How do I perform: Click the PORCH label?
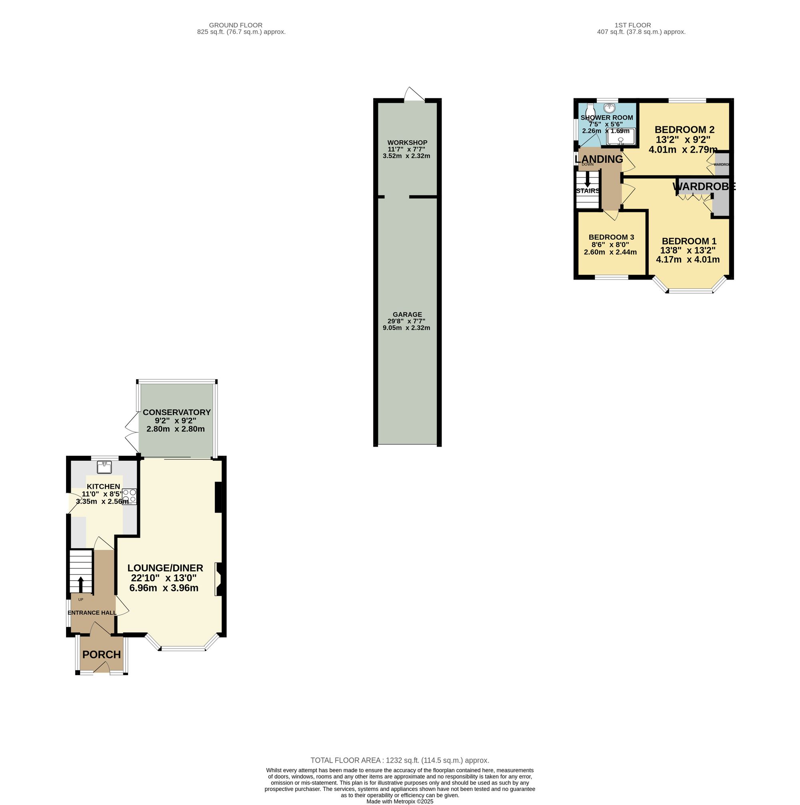(x=101, y=655)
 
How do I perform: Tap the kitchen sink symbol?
(x=104, y=467)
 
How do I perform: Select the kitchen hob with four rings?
(x=129, y=496)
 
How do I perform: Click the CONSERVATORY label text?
(x=177, y=412)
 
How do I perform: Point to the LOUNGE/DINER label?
(x=165, y=568)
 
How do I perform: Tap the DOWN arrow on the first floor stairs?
(x=588, y=180)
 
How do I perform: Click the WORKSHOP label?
(x=407, y=142)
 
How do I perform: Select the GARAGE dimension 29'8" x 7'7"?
(x=407, y=321)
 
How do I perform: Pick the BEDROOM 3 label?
(x=611, y=237)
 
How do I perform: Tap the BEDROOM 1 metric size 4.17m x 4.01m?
(x=688, y=260)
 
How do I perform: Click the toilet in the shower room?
(x=589, y=111)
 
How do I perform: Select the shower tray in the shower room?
(x=621, y=137)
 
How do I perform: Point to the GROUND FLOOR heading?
(x=236, y=25)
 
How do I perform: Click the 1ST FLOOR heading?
(x=632, y=25)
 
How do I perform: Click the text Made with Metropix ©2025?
(x=400, y=801)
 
